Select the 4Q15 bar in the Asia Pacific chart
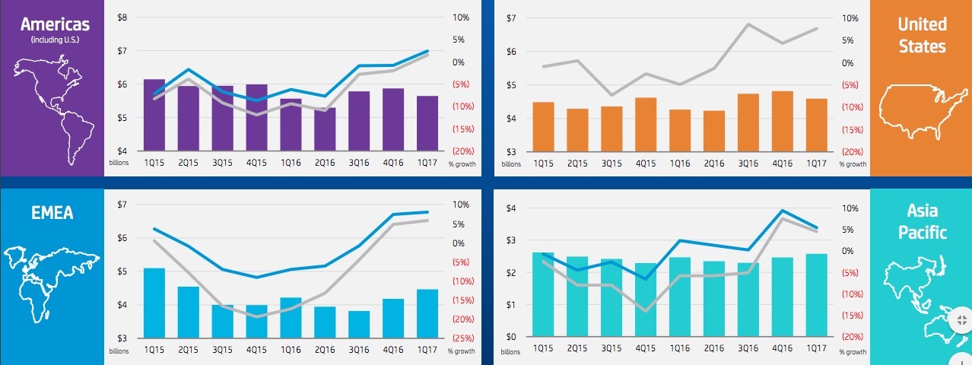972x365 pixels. coord(645,300)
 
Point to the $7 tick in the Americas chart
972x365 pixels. coord(122,51)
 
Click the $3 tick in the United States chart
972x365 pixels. coord(510,151)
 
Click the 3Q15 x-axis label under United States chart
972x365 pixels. coord(611,163)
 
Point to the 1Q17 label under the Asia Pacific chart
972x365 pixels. coord(816,348)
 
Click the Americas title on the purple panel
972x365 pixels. coord(51,24)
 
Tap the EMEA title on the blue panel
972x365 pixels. coord(52,213)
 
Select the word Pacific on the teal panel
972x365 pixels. coord(922,232)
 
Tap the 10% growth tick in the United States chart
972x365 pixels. coord(850,17)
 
